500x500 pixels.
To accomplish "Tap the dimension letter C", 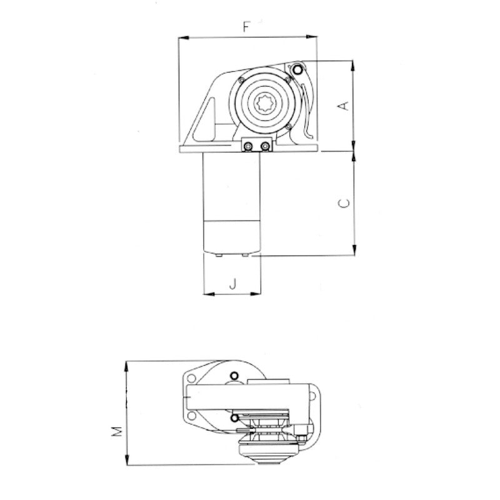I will (342, 203).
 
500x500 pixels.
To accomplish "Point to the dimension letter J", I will (232, 284).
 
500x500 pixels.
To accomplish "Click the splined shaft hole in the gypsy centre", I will (264, 104).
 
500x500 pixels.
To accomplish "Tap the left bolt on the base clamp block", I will (248, 146).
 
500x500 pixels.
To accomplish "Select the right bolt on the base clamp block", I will (266, 146).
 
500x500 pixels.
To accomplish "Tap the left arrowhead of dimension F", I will (182, 37).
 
